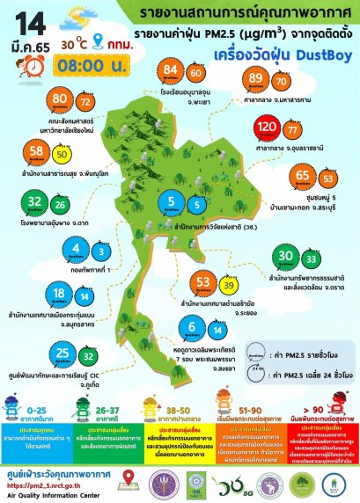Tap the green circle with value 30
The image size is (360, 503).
285,257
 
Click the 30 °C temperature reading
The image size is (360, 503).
69,40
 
